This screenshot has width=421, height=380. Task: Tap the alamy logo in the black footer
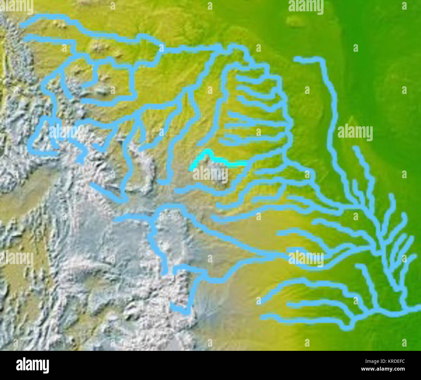pos(32,365)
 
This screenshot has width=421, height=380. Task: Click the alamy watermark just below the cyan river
pos(210,175)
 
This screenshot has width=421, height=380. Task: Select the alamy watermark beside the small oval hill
pos(306,7)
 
